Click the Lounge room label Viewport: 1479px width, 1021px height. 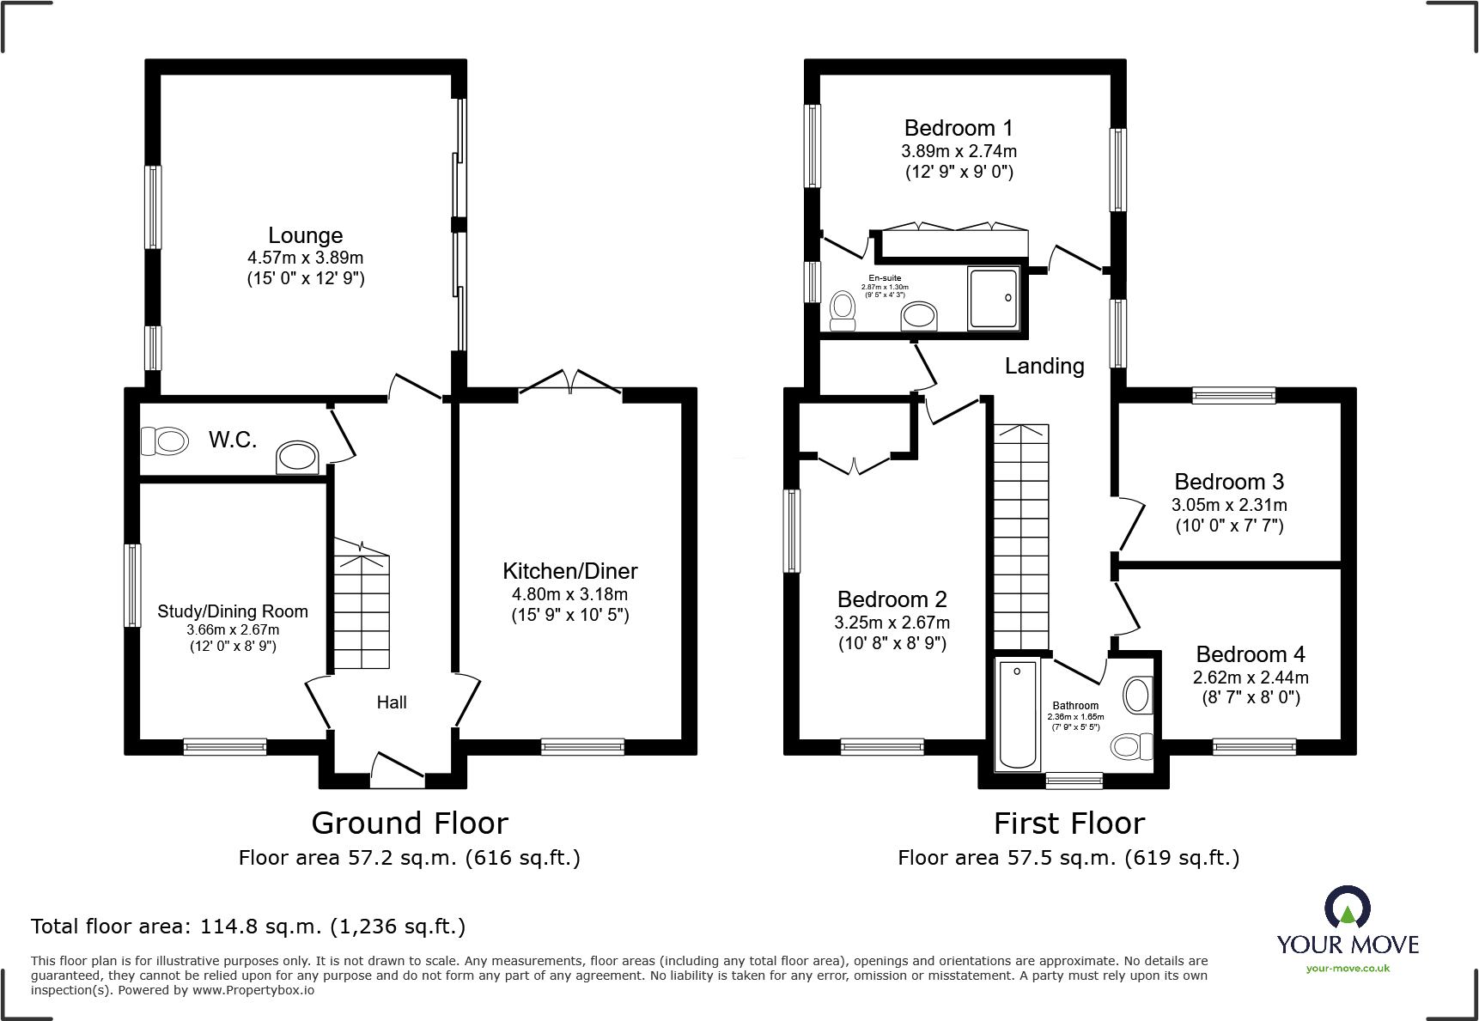(305, 235)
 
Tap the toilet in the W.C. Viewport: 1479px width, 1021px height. (165, 441)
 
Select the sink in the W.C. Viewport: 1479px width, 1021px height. (297, 457)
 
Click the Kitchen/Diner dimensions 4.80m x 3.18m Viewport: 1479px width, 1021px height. (569, 594)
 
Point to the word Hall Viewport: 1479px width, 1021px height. (392, 702)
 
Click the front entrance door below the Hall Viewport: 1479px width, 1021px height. (398, 769)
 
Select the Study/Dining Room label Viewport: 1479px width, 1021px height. (232, 611)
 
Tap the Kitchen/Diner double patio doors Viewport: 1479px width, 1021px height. (570, 384)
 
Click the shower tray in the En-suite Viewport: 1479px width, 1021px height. (994, 298)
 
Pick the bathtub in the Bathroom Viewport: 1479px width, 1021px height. (1018, 714)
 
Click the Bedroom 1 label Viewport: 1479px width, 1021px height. (959, 128)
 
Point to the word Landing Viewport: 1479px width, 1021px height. (1044, 366)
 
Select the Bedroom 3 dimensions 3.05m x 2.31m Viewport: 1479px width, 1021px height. (1229, 505)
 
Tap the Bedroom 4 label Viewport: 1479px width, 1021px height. (1250, 654)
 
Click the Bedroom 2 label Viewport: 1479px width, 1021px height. (892, 599)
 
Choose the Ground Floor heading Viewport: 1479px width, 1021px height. (410, 823)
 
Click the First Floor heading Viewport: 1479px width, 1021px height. (1069, 823)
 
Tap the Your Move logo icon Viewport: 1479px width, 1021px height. (1347, 907)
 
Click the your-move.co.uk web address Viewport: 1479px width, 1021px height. (1348, 969)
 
